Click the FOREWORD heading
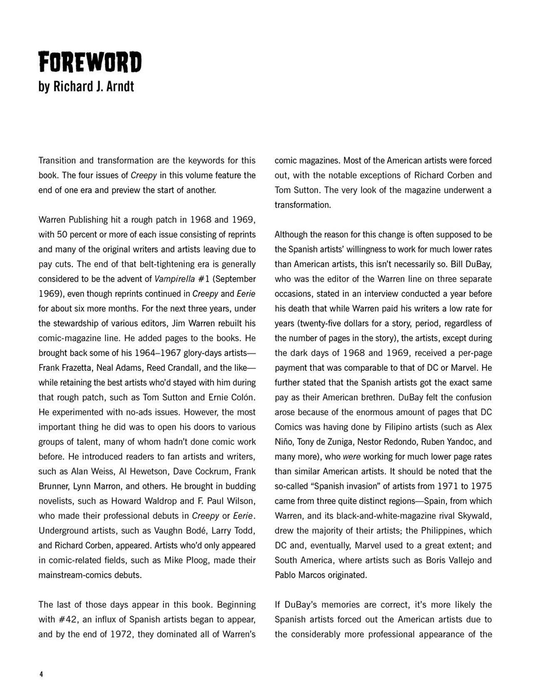pyautogui.click(x=90, y=62)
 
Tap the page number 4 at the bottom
pyautogui.click(x=41, y=675)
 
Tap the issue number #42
pyautogui.click(x=67, y=620)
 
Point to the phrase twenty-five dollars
pyautogui.click(x=324, y=324)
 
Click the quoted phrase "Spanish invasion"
pyautogui.click(x=362, y=486)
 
